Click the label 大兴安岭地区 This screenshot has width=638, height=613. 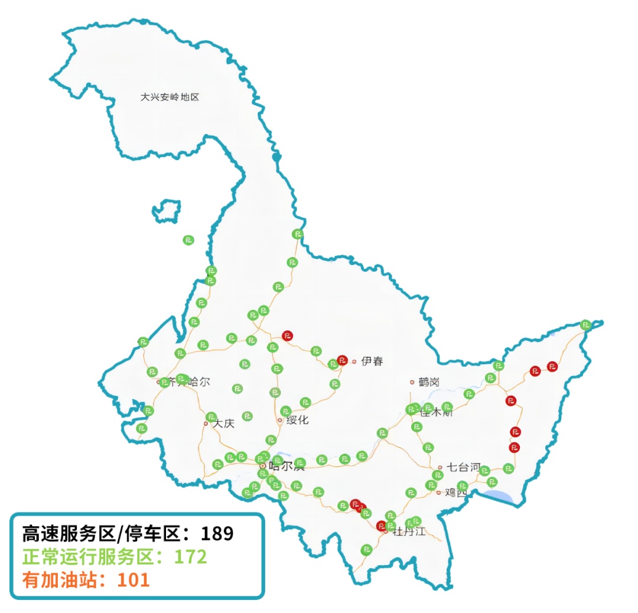(170, 97)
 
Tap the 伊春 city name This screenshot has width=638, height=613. (372, 361)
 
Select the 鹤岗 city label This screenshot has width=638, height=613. (429, 382)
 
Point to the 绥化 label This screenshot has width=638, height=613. (297, 420)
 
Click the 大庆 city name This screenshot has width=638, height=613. (224, 423)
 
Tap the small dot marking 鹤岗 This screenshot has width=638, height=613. (412, 382)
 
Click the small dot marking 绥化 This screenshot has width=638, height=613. (280, 420)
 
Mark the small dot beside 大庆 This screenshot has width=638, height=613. (206, 423)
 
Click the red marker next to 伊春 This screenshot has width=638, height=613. (342, 359)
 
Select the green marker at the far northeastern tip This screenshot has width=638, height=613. (585, 324)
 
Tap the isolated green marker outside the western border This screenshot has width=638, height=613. (188, 240)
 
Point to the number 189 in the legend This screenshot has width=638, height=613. (217, 534)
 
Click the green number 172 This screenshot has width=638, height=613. (190, 556)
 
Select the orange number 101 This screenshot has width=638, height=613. (133, 579)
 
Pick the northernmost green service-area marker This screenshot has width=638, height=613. (298, 234)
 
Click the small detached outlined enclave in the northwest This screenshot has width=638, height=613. (167, 210)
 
